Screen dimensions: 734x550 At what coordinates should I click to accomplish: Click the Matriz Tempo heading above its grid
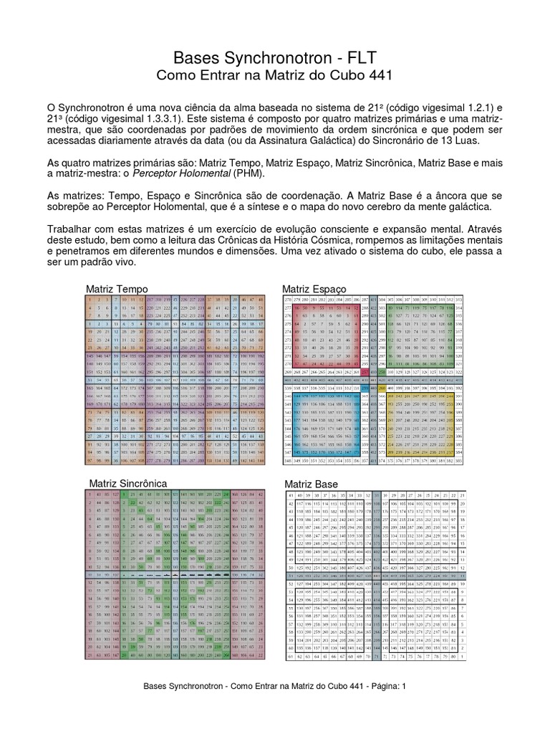point(117,288)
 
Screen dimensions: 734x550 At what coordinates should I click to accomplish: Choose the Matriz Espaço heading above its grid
point(314,288)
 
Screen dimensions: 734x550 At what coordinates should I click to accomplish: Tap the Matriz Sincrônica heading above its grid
point(128,485)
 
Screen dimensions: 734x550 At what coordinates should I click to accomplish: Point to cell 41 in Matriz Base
point(290,495)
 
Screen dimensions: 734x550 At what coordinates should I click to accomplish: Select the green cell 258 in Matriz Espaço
point(382,373)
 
